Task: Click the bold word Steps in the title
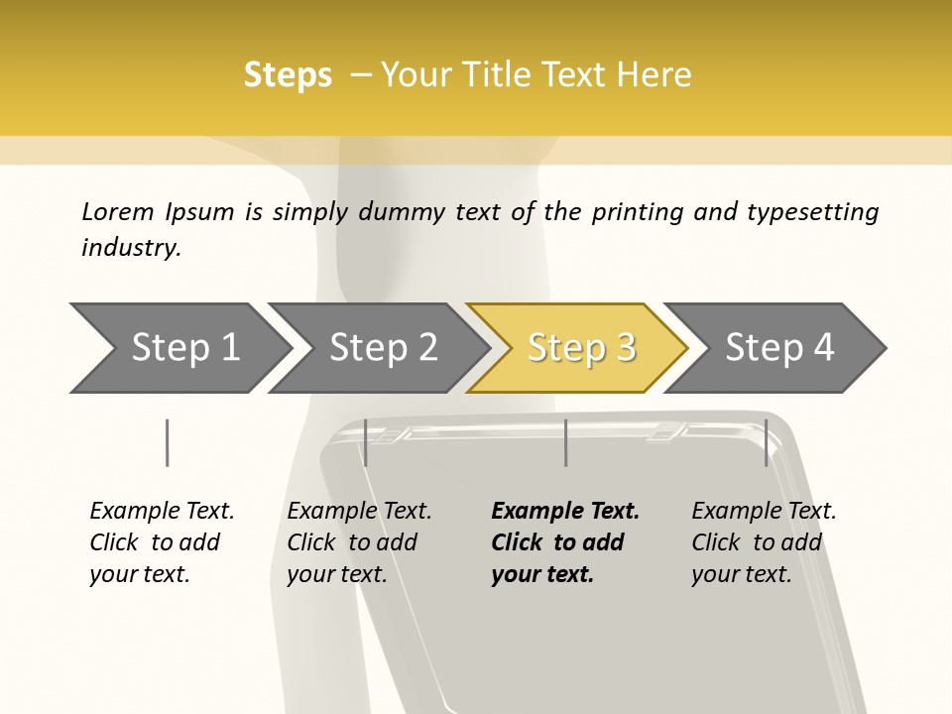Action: point(288,75)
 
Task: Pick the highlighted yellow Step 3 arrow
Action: point(578,348)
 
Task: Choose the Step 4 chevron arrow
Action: point(775,348)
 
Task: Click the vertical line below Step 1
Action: point(167,442)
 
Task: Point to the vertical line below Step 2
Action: point(366,442)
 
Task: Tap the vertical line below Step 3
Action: point(566,442)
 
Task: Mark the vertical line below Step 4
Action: point(767,442)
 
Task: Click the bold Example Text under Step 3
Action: point(565,542)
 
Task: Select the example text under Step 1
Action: point(162,542)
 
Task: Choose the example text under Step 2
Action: point(359,542)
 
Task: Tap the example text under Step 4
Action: point(764,542)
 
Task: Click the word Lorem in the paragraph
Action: point(118,212)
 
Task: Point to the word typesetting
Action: point(813,213)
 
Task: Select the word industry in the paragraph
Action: point(131,248)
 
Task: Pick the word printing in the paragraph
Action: point(637,213)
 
